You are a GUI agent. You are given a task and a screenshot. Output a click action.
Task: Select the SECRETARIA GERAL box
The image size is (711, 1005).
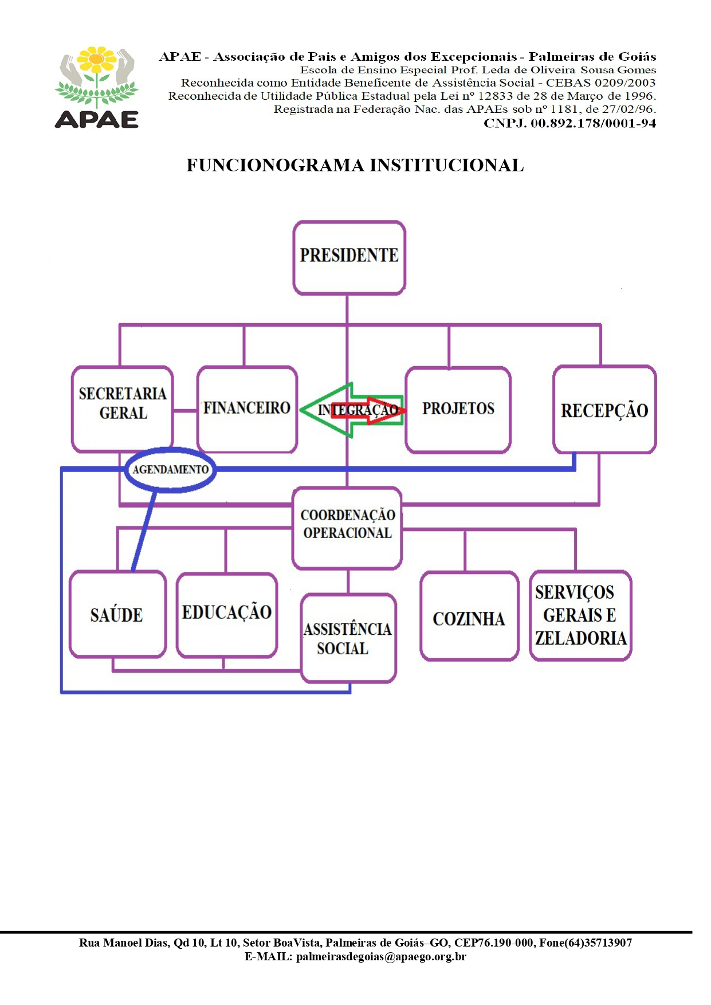pyautogui.click(x=122, y=409)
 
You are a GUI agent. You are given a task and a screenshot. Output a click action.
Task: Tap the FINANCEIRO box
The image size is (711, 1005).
pyautogui.click(x=247, y=409)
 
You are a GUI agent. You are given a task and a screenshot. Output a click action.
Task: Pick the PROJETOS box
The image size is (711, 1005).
pyautogui.click(x=458, y=409)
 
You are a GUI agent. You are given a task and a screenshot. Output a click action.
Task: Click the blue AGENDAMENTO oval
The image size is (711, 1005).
pyautogui.click(x=170, y=470)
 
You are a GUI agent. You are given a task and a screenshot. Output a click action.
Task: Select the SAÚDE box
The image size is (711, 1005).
pyautogui.click(x=117, y=614)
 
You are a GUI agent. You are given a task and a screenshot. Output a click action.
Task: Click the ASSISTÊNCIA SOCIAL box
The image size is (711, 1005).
pyautogui.click(x=348, y=638)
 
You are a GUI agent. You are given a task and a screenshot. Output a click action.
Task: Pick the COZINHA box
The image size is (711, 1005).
pyautogui.click(x=469, y=617)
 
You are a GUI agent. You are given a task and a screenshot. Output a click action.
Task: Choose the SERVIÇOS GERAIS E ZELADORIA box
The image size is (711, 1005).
pyautogui.click(x=580, y=615)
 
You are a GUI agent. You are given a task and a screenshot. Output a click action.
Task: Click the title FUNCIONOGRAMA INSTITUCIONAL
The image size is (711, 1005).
pyautogui.click(x=355, y=166)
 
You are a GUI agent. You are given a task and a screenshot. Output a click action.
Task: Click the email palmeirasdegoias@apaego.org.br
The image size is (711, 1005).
pyautogui.click(x=381, y=956)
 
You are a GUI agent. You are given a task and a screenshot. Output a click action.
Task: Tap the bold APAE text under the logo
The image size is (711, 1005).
pyautogui.click(x=97, y=119)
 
